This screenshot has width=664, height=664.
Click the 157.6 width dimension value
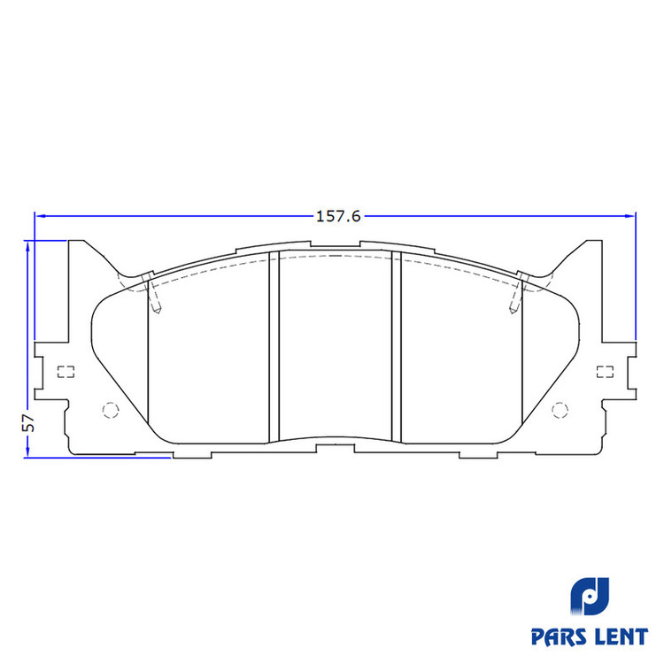coord(338,216)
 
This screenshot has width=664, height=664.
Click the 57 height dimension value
coord(28,422)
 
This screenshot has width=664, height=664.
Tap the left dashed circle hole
coord(111,410)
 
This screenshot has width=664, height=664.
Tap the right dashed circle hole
coord(560,410)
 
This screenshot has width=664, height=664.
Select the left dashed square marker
coord(66,372)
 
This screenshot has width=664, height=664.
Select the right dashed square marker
coord(605,372)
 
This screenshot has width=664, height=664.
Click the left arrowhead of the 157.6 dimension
coord(40,216)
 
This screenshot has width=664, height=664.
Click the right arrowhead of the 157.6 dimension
coord(630,216)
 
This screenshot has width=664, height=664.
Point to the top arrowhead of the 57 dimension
coord(27,245)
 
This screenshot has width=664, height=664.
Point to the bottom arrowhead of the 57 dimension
coord(27,452)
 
